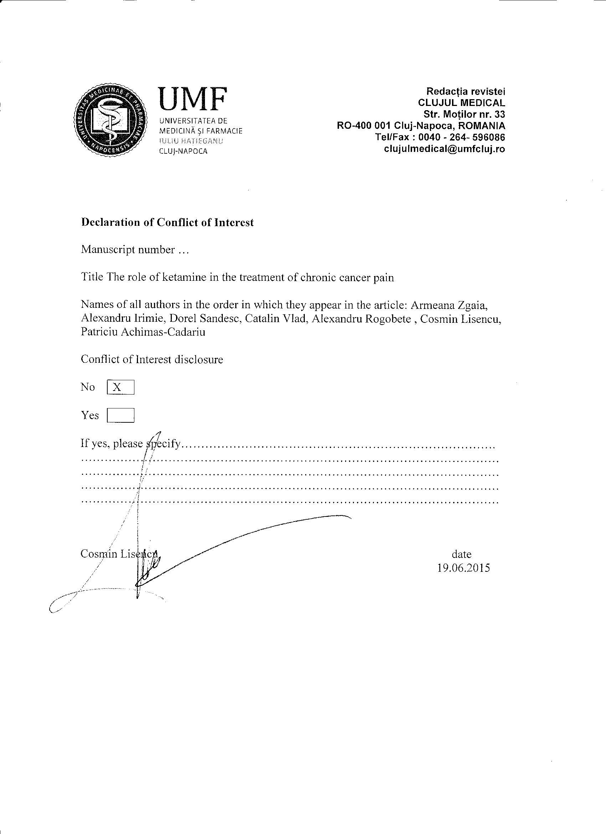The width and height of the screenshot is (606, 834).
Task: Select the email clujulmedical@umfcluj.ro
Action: [x=444, y=149]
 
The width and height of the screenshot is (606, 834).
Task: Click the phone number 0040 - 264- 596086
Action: [x=465, y=137]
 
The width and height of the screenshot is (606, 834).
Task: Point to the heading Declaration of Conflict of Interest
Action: [x=167, y=223]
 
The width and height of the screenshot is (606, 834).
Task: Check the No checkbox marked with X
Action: [x=120, y=387]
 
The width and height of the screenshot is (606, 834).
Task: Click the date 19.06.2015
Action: [x=463, y=568]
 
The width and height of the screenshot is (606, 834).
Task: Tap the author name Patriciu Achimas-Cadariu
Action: [x=143, y=332]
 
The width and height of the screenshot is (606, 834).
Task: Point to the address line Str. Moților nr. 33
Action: [x=464, y=114]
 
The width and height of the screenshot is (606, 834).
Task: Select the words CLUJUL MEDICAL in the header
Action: [x=462, y=102]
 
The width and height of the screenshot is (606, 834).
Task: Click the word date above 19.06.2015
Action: [x=462, y=554]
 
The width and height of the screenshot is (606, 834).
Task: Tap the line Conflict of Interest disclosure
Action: [x=152, y=359]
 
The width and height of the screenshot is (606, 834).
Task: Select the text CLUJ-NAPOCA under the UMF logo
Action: [x=183, y=151]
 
